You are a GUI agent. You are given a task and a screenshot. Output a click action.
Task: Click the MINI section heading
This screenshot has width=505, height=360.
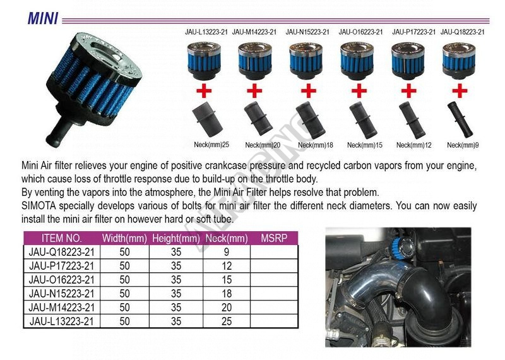[x=43, y=18]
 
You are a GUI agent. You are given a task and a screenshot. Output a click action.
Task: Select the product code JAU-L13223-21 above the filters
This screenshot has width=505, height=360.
[x=206, y=32]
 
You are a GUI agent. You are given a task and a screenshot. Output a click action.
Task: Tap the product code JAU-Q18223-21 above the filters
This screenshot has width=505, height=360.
[x=463, y=32]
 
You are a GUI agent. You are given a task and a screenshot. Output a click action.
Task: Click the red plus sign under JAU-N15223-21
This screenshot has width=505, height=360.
[x=309, y=90]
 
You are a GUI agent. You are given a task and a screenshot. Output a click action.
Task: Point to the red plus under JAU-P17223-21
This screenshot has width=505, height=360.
[x=408, y=90]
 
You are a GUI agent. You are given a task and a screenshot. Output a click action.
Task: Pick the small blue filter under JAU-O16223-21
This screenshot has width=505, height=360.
[x=357, y=61]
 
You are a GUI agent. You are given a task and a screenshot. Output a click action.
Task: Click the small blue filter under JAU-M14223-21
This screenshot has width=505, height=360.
[x=255, y=61]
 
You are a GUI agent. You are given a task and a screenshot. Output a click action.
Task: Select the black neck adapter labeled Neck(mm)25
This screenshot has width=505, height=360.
[x=208, y=120]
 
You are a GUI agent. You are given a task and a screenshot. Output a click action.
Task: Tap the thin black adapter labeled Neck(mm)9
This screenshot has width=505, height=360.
[x=460, y=119]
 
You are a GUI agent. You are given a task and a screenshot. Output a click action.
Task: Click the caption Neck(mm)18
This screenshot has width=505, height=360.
[x=315, y=145]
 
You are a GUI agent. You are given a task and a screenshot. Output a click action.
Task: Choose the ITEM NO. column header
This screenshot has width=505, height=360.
[x=62, y=238]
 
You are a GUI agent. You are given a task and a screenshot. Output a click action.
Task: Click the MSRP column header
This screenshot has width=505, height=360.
[x=274, y=238]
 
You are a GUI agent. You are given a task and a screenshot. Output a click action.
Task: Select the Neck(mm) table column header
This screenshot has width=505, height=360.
[x=227, y=239]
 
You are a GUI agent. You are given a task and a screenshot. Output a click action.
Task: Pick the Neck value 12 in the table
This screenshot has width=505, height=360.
[x=227, y=266]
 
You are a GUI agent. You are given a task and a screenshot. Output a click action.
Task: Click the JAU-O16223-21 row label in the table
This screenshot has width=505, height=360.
[x=61, y=280]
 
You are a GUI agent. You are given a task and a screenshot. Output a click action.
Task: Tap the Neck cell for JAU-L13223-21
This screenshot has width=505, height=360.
[x=227, y=321]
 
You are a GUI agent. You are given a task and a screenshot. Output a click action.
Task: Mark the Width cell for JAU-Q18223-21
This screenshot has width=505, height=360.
[x=124, y=252]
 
